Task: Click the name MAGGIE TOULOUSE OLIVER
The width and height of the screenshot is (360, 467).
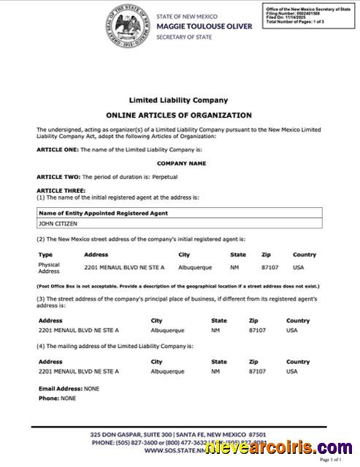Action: coord(204,26)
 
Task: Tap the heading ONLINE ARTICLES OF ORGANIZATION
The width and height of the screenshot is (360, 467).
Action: coord(179,115)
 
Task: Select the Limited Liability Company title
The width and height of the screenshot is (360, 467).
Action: coord(179,100)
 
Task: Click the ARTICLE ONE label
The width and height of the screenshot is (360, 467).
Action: coord(58,149)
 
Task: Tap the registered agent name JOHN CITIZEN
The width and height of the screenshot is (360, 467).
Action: coord(58,224)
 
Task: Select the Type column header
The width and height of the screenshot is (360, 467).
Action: coord(45,255)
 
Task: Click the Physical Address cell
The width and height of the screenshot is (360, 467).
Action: coord(49,267)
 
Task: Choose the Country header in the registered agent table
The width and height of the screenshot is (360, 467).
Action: coord(305,255)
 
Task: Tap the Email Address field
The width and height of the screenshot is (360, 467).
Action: coord(69,389)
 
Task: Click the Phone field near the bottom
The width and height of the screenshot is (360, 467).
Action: coord(57,398)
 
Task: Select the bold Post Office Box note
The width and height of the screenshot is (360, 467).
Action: coord(179,287)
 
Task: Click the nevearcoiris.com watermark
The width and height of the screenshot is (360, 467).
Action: coord(280,447)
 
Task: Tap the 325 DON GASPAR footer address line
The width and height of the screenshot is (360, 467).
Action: coord(179,434)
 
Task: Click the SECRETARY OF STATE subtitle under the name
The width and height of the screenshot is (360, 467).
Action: coord(184,36)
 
